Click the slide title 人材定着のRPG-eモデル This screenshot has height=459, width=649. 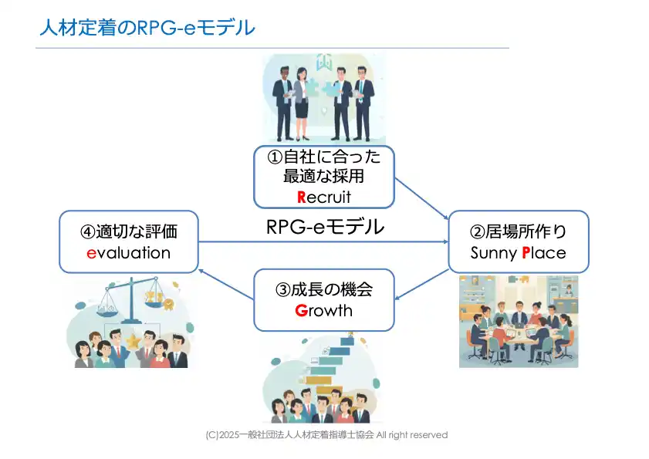[x=147, y=29]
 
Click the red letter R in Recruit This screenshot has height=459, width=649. [x=302, y=197]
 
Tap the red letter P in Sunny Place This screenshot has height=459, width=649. [x=526, y=253]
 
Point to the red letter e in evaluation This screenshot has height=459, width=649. [x=90, y=253]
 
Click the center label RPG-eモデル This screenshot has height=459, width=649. [x=324, y=228]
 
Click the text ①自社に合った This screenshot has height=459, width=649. [x=324, y=157]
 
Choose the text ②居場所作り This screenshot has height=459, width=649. [x=518, y=231]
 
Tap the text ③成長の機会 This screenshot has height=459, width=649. [x=324, y=290]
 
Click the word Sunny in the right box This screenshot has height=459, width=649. [x=495, y=253]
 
